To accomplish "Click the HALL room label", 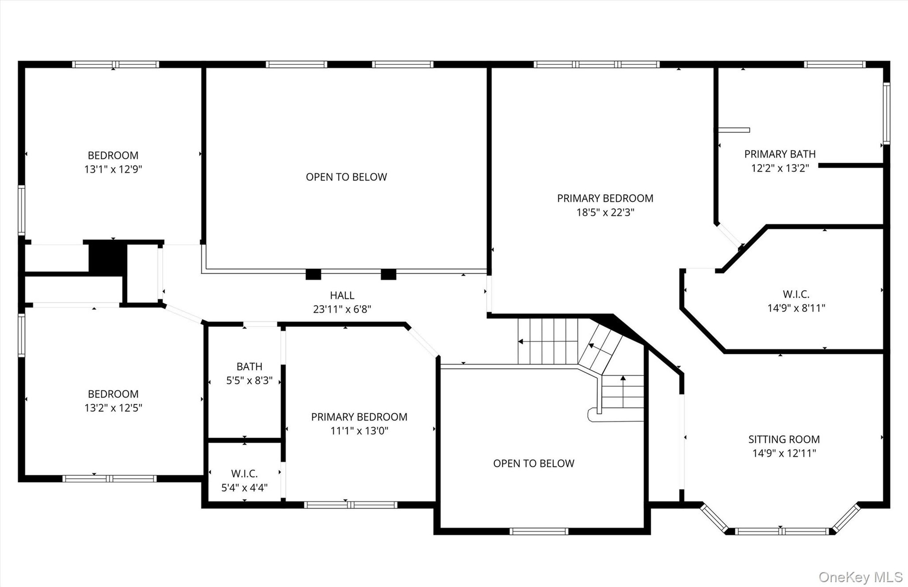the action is [x=342, y=296].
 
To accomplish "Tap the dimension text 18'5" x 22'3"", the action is [x=605, y=212].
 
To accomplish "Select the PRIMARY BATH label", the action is [x=780, y=154].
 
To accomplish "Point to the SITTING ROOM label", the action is [x=784, y=439].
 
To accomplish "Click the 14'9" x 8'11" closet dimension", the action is [x=796, y=308].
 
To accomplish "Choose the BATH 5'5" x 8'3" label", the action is [x=249, y=374].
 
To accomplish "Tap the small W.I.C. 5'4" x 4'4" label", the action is [x=244, y=481].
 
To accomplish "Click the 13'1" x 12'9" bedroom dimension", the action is [x=113, y=169].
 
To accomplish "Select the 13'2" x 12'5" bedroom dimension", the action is [x=113, y=408].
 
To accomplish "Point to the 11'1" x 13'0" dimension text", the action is [x=359, y=431].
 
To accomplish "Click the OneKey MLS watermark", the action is [x=861, y=577].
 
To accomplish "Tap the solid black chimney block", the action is [x=108, y=257].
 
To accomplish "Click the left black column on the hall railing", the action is [x=313, y=274].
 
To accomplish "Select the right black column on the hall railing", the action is [x=388, y=274].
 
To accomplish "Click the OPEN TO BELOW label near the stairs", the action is [x=533, y=464].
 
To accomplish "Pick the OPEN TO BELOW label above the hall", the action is [x=346, y=177].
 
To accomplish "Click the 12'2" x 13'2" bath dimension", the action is [x=780, y=168].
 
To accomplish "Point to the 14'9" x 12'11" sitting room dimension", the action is [x=784, y=453].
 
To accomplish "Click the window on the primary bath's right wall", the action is [x=887, y=114].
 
